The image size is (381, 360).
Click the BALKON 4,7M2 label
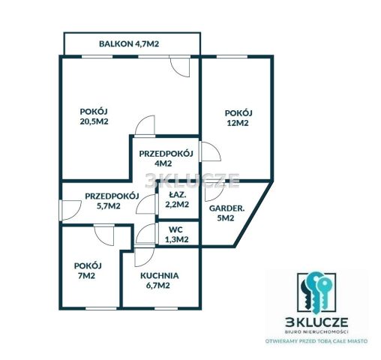[129, 43]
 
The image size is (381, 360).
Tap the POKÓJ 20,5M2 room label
[94, 116]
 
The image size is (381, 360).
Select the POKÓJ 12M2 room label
[238, 118]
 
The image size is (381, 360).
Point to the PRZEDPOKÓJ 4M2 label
[166, 158]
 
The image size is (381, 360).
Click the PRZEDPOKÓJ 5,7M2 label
[112, 201]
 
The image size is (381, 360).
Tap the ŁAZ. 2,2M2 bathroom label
[177, 199]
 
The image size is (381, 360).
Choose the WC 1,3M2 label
[177, 235]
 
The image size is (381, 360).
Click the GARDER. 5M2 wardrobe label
[226, 213]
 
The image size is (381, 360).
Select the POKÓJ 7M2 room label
[88, 271]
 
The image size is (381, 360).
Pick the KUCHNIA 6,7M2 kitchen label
[159, 280]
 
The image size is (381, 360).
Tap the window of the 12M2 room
[232, 57]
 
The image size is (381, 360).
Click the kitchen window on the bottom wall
[166, 308]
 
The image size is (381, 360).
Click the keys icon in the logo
[316, 293]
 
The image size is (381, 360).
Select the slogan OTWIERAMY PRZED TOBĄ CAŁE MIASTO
[316, 341]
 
